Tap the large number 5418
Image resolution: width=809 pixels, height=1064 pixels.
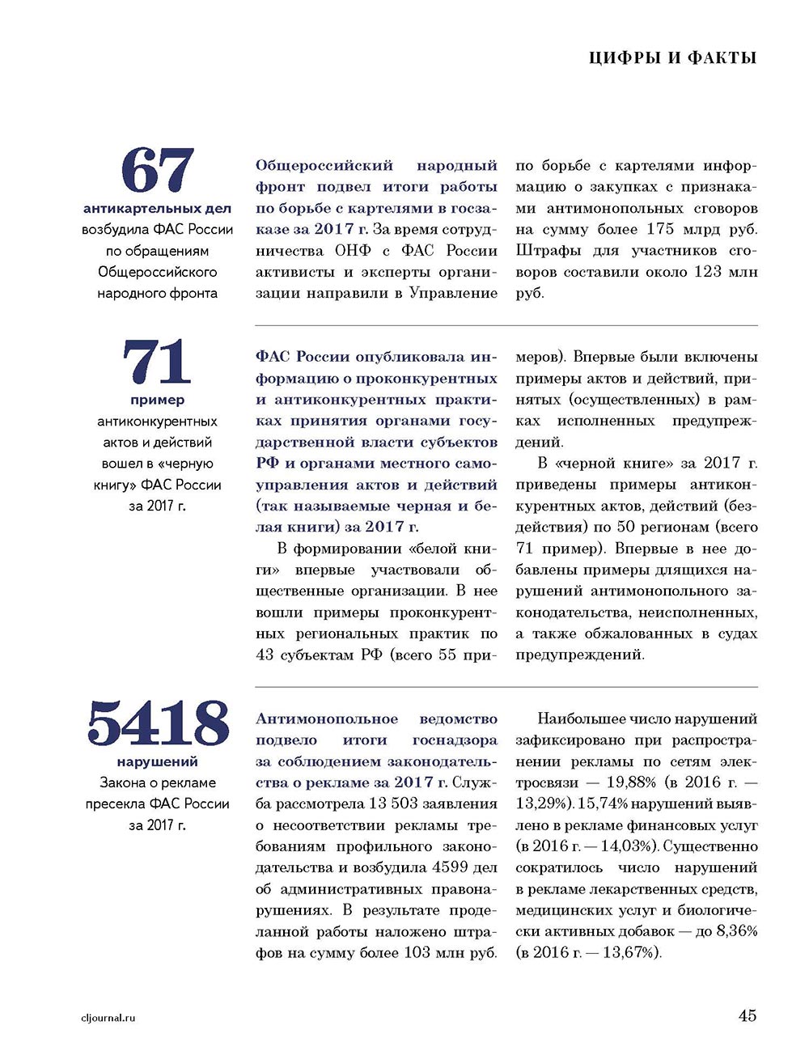pyautogui.click(x=158, y=723)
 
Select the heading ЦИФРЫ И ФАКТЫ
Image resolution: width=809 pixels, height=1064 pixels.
pyautogui.click(x=673, y=57)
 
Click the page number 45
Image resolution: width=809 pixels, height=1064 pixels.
pyautogui.click(x=747, y=1015)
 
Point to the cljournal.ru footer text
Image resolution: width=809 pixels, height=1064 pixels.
pyautogui.click(x=103, y=1018)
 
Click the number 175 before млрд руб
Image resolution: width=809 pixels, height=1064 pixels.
pyautogui.click(x=660, y=229)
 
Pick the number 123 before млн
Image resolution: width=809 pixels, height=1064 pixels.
pyautogui.click(x=707, y=272)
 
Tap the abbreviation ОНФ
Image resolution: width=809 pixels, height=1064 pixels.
pyautogui.click(x=353, y=251)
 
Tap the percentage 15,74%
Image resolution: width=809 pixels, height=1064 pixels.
pyautogui.click(x=602, y=803)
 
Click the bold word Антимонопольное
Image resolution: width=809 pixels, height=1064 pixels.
pyautogui.click(x=327, y=719)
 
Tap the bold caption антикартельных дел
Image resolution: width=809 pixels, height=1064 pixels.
pyautogui.click(x=157, y=209)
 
